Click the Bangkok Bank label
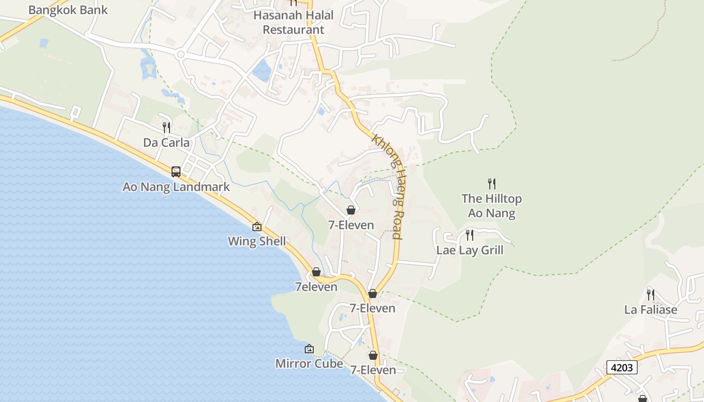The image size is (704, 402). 68,10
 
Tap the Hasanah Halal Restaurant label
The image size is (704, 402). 293,22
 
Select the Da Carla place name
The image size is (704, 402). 166,143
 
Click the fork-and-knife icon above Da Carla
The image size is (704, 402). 166,127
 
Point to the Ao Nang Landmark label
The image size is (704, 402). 176,187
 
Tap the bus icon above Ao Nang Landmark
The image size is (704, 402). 176,172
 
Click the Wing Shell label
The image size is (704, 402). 256,241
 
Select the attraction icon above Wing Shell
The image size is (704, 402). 257,227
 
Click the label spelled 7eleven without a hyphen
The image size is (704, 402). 316,287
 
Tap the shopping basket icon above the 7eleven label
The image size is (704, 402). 316,272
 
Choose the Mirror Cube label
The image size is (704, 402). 309,363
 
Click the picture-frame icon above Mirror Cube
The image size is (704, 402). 309,349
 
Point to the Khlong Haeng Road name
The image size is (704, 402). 388,186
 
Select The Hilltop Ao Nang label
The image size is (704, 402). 491,206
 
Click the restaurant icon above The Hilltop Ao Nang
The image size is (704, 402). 492,184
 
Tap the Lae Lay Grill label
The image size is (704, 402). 470,250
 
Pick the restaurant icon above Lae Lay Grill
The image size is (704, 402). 470,235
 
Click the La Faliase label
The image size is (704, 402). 651,310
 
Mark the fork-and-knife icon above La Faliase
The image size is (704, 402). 651,294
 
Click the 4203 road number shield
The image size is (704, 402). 622,367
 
